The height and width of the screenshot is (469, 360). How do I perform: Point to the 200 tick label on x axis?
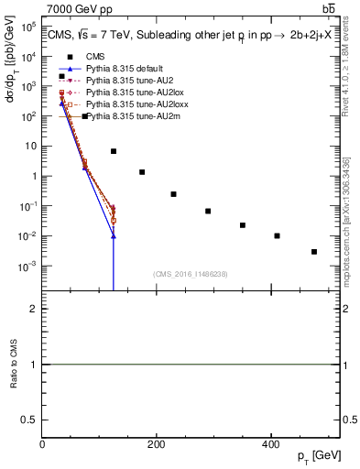[x=156, y=442]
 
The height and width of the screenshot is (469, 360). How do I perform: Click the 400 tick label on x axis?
[x=270, y=442]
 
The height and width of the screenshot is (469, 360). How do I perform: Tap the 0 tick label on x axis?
[x=42, y=442]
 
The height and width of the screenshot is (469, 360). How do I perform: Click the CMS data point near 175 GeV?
[x=142, y=172]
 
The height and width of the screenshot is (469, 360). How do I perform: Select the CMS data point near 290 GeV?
[x=208, y=212]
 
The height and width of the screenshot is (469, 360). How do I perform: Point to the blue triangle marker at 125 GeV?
[x=114, y=236]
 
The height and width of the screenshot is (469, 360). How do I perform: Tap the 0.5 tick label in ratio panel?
[x=31, y=420]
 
